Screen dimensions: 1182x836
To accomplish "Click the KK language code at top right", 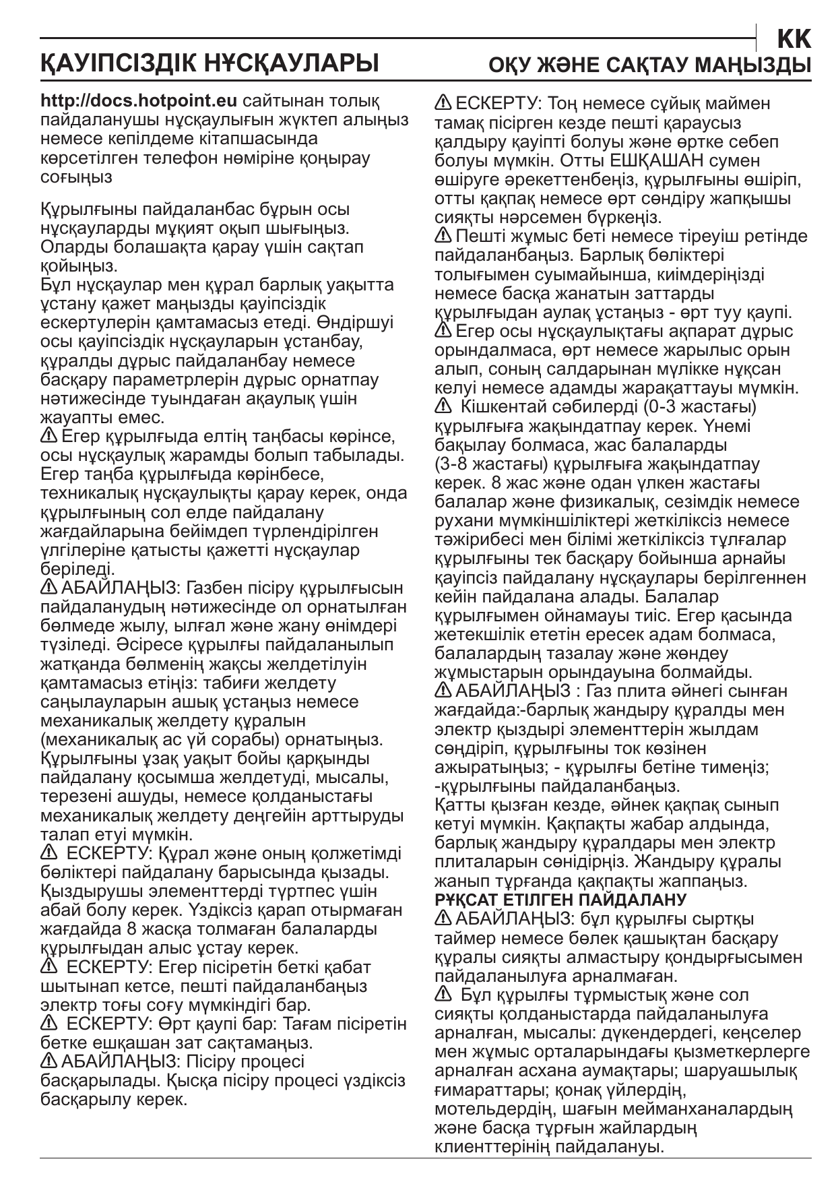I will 794,40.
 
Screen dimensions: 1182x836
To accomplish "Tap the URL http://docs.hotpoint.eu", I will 139,102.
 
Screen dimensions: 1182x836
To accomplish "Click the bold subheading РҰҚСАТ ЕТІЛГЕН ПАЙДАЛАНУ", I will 560,900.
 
